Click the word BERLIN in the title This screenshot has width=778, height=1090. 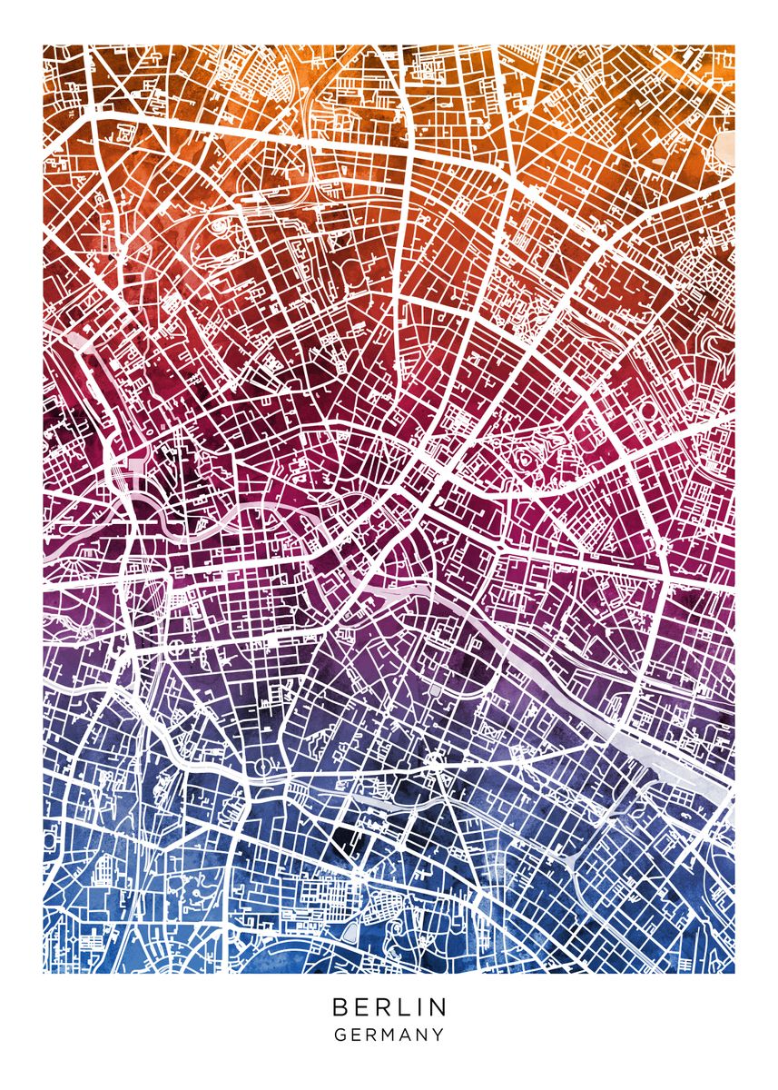pos(389,1007)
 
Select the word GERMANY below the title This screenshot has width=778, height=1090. pos(389,1035)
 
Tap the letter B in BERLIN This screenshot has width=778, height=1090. pos(340,1007)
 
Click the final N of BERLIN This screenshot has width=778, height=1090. pos(438,1007)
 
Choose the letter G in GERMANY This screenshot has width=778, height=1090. pos(340,1035)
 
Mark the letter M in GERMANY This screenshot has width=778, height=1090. pos(389,1035)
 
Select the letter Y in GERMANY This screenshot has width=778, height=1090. pos(439,1035)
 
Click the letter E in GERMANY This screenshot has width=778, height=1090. pos(356,1035)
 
